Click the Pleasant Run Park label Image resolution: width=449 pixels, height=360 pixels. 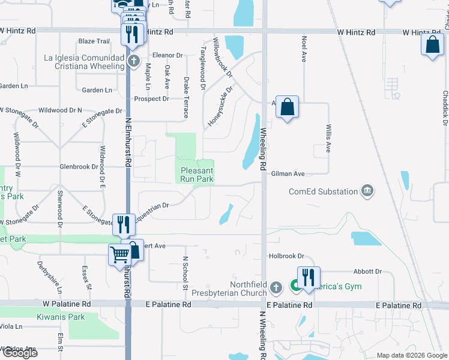click(197, 175)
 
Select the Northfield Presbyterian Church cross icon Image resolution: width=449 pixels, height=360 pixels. click(276, 288)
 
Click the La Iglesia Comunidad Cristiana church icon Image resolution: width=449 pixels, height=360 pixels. click(134, 61)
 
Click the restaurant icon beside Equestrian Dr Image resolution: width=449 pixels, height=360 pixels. click(124, 224)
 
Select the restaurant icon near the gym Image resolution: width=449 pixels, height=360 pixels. click(309, 277)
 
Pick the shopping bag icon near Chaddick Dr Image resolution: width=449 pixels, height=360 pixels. click(432, 45)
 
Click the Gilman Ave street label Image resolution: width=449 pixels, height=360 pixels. click(288, 173)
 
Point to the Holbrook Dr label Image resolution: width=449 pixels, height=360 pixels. click(287, 256)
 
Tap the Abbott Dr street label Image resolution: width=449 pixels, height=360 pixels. click(367, 272)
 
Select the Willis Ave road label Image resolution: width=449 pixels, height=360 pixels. click(328, 139)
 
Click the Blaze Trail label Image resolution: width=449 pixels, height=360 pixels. click(94, 41)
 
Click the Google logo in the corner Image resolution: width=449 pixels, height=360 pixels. click(20, 352)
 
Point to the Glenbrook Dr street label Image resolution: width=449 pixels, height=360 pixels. click(79, 167)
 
